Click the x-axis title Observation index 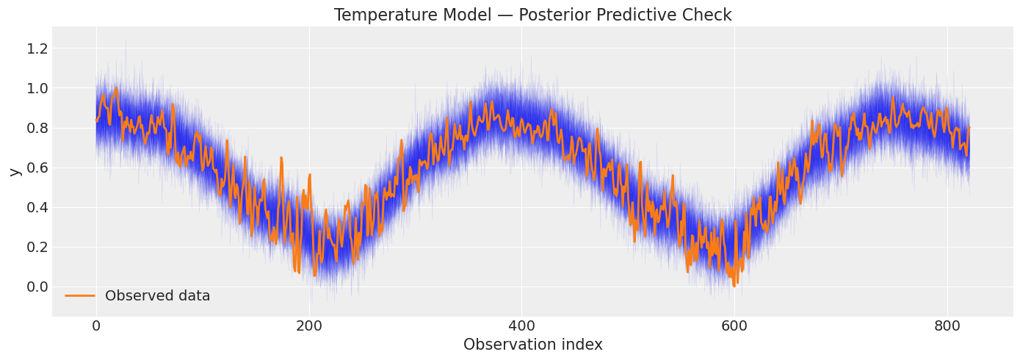(532, 345)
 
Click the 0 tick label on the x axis (96, 325)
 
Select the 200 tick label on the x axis (308, 325)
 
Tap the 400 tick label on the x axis (521, 325)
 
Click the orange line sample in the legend (80, 296)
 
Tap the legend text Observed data (157, 296)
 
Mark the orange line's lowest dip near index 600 (733, 285)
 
